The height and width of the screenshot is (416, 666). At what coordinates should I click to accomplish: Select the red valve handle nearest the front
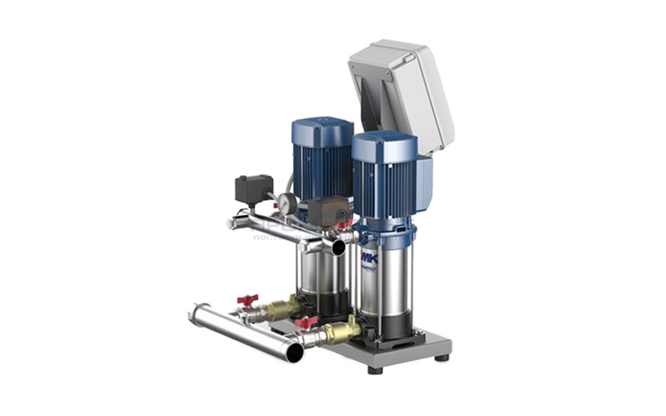306,321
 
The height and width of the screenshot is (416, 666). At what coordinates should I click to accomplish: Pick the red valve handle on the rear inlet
247,299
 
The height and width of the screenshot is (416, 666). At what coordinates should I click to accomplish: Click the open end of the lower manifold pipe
293,352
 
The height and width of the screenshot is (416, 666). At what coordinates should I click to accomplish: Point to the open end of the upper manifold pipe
338,247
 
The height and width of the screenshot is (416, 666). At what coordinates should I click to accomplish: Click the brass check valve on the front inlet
341,331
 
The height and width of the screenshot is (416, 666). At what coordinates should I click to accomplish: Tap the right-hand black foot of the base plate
440,358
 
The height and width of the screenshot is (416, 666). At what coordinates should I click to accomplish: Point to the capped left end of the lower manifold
194,314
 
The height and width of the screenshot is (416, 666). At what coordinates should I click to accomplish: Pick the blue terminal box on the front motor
423,179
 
